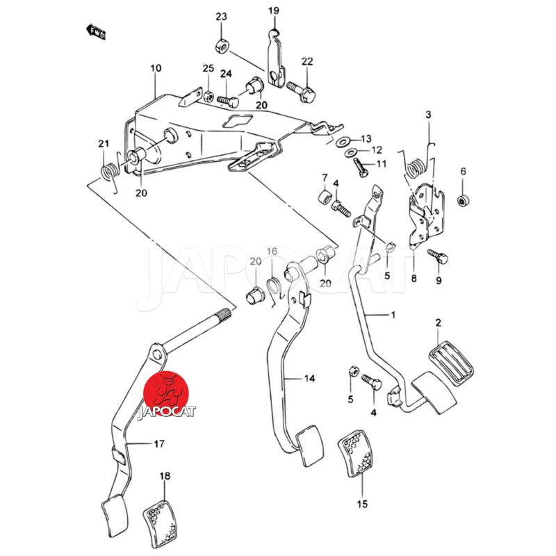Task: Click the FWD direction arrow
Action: [95, 32]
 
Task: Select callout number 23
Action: [221, 17]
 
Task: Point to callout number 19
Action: [273, 10]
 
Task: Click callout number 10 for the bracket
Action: [155, 68]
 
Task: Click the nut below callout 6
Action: [464, 202]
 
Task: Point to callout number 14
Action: [309, 379]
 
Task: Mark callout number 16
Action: [272, 251]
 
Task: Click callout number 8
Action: [414, 279]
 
